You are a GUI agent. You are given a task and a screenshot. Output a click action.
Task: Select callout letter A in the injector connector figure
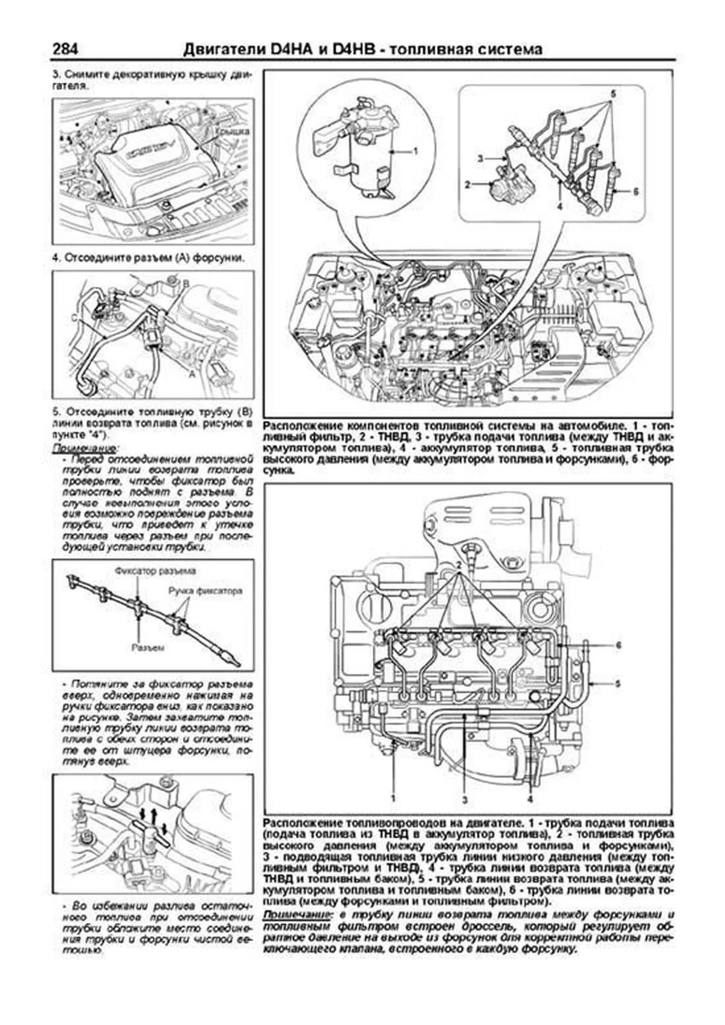pos(192,374)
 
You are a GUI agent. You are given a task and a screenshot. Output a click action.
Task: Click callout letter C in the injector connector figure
pos(74,316)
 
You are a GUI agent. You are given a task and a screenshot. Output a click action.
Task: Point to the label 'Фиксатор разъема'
pos(155,570)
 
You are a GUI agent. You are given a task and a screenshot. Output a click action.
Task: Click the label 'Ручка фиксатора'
pos(205,590)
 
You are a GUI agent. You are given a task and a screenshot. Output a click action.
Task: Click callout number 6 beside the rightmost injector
pos(636,191)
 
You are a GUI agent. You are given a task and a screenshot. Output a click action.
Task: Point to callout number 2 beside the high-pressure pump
pos(467,185)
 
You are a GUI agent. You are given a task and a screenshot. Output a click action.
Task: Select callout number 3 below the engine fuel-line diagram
pos(466,800)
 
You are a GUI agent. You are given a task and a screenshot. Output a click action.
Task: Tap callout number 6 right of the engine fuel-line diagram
pos(618,645)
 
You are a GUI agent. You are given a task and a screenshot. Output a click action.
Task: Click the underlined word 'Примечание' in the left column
pos(85,449)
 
